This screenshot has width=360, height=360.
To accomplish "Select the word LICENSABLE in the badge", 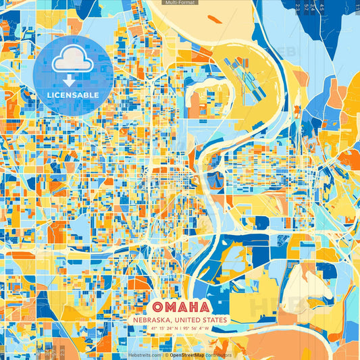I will [72, 95].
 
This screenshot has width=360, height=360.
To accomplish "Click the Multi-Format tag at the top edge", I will [180, 3].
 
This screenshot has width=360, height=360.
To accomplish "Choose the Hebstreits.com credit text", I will [145, 354].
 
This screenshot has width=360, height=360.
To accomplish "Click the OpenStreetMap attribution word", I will [187, 354].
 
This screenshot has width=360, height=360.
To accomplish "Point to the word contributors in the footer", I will [218, 354].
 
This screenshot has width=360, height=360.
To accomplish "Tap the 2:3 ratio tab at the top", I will [298, 7].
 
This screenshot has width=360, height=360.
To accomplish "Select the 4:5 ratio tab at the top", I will [322, 7].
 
